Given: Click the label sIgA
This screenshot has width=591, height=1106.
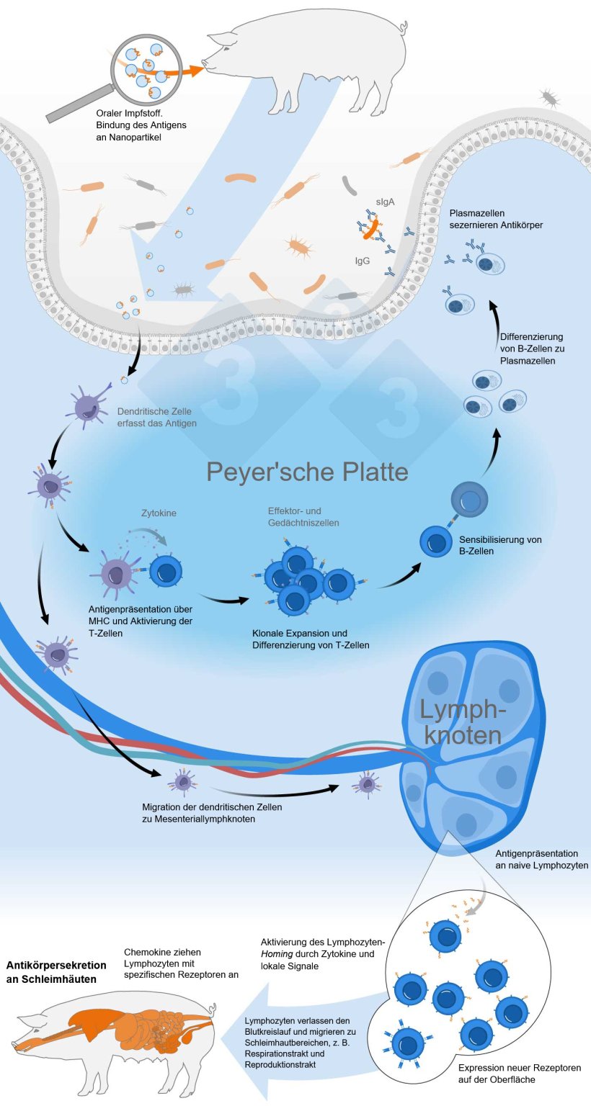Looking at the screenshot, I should point(384,202).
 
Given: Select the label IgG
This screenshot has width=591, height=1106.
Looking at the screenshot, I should point(363,261).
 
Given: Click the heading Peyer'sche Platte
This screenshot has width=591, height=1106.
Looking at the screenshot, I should point(308,472).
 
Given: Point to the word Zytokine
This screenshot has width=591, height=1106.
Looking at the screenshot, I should point(158,513).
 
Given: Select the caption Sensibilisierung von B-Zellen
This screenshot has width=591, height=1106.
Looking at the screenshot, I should point(499,546).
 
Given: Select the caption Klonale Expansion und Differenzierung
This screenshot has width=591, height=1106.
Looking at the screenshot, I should point(311,639).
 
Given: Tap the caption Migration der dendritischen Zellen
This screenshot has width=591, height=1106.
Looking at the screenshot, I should point(212,813).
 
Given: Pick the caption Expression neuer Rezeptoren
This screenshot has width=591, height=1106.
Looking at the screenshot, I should point(519,1073).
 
